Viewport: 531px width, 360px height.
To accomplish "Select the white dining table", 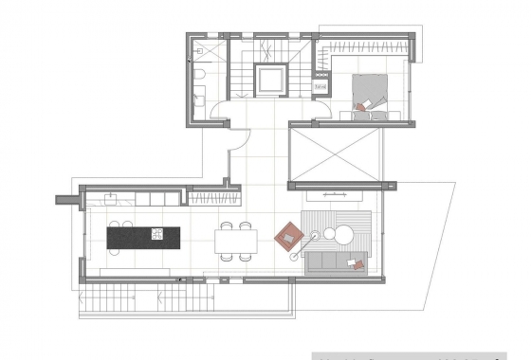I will (235, 242).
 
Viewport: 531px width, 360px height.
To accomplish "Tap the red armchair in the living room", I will (287, 234).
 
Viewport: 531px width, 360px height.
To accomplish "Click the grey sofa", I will (332, 261).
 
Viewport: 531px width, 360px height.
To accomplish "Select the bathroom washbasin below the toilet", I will (201, 96).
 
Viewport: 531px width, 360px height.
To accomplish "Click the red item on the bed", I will (360, 107).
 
